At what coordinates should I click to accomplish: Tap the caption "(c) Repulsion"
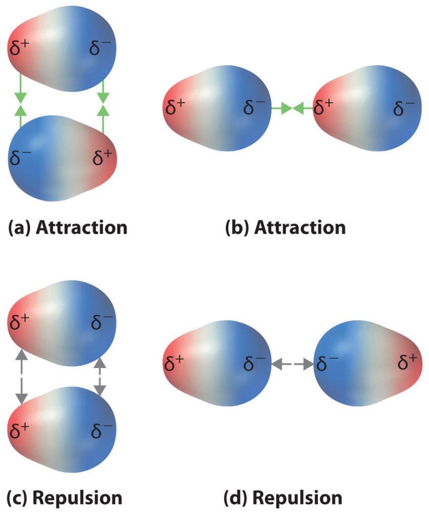tap(64, 498)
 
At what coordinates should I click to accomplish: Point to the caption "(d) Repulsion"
tap(283, 498)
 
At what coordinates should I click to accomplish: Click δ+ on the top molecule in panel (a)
tap(19, 48)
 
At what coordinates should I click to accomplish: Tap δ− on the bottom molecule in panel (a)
tap(20, 158)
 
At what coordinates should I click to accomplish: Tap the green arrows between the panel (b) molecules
tap(292, 108)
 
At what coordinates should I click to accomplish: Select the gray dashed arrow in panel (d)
tap(292, 363)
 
